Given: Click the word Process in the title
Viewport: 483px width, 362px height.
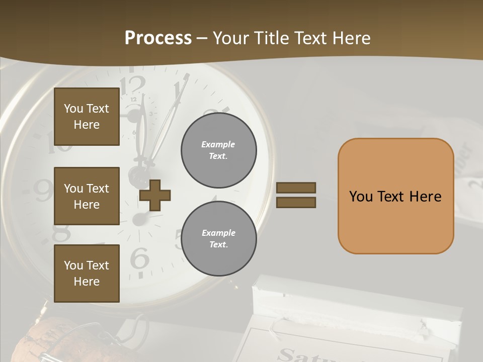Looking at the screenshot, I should pyautogui.click(x=158, y=38).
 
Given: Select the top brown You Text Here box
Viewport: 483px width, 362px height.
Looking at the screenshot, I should pyautogui.click(x=87, y=117).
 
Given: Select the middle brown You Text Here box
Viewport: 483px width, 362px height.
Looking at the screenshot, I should pyautogui.click(x=87, y=196).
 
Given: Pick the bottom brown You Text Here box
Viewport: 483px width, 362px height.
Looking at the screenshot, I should pyautogui.click(x=87, y=274).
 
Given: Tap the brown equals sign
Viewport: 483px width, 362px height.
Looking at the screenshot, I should pyautogui.click(x=296, y=195).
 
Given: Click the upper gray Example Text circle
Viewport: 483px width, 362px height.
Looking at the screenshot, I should pyautogui.click(x=218, y=150).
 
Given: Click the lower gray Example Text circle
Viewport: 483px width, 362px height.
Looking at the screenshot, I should pyautogui.click(x=218, y=238).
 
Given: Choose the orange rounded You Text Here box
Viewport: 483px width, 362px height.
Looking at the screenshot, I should pyautogui.click(x=395, y=196).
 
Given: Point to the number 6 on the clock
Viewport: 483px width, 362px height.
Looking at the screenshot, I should pyautogui.click(x=139, y=259).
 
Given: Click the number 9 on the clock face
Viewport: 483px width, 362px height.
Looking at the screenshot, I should pyautogui.click(x=43, y=190).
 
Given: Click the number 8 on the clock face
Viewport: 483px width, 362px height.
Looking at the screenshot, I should pyautogui.click(x=61, y=233).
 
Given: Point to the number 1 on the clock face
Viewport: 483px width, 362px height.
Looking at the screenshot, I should pyautogui.click(x=179, y=92).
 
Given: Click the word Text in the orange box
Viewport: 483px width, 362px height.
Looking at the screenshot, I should pyautogui.click(x=395, y=196).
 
